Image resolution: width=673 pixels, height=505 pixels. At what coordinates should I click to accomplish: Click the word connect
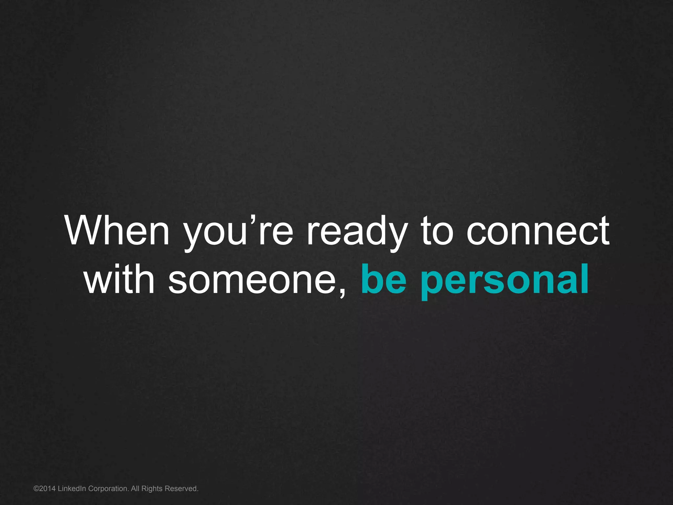point(538,231)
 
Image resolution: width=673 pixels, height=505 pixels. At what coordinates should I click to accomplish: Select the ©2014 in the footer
point(45,489)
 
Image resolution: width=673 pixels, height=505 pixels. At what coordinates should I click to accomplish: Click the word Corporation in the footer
point(108,489)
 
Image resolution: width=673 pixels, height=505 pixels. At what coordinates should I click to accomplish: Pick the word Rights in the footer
point(152,489)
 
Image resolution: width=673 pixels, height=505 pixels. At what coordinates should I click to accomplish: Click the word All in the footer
point(135,489)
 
